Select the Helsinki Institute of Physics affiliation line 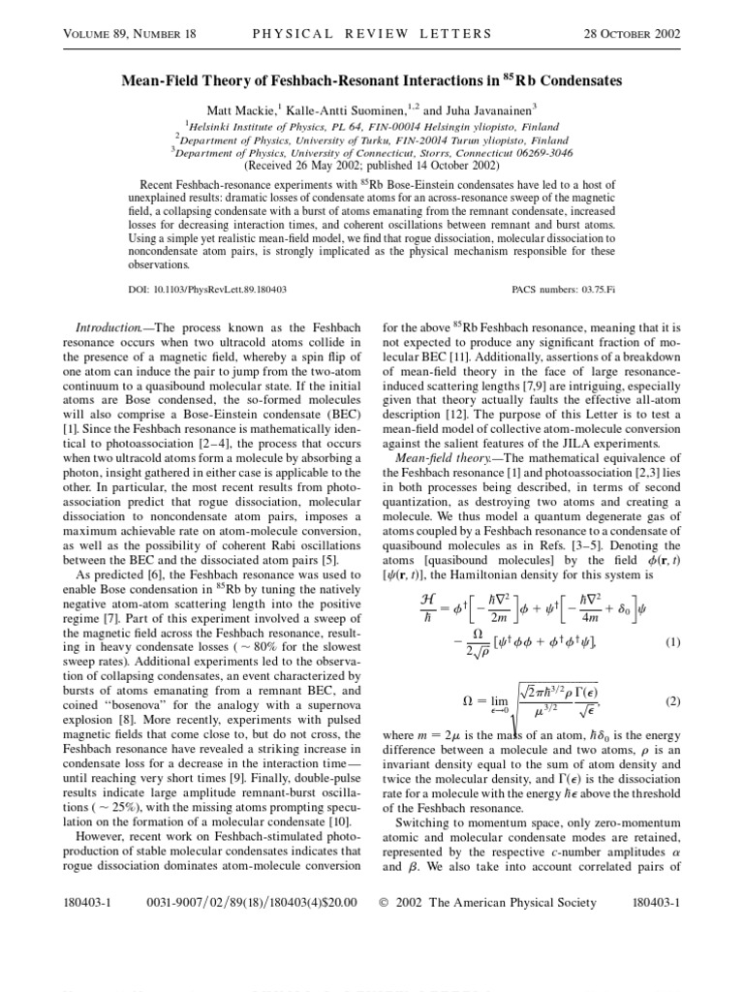tap(372, 125)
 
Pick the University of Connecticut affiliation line tap(372, 151)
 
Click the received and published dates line tap(372, 165)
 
